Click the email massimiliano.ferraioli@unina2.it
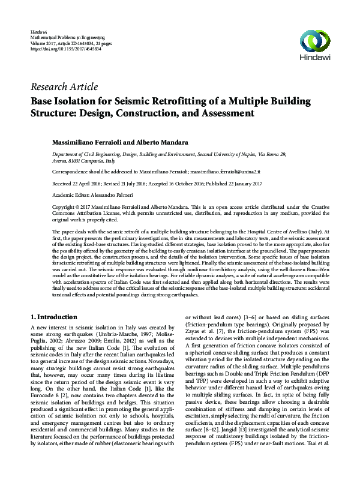coord(233,171)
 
